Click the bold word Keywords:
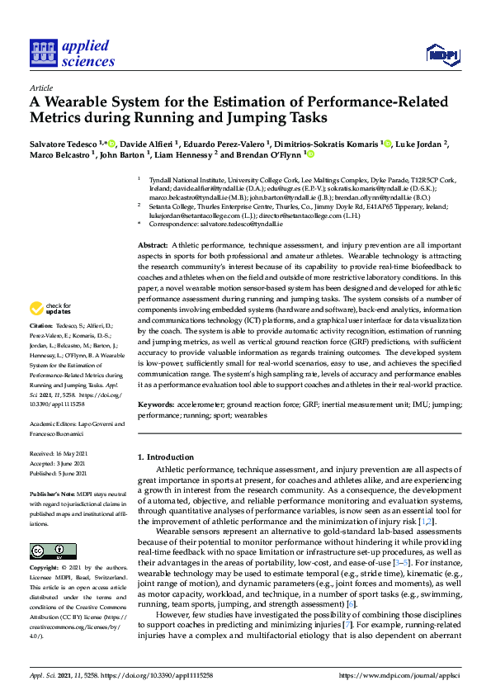point(157,405)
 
